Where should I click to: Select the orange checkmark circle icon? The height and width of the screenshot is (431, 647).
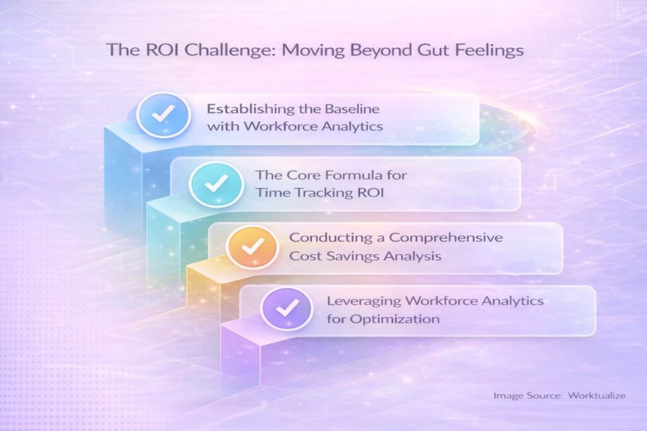(x=252, y=247)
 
